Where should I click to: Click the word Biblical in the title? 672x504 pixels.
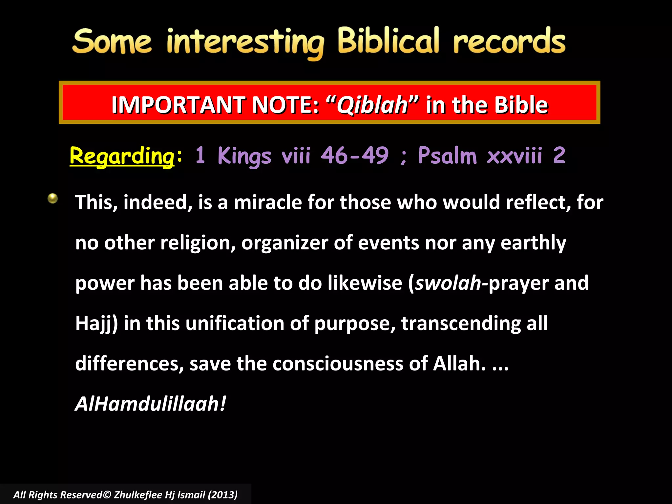tap(388, 41)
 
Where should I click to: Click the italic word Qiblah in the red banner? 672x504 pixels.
tap(372, 105)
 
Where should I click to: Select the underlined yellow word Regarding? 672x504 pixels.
tap(122, 156)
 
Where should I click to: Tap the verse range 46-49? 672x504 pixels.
tap(355, 155)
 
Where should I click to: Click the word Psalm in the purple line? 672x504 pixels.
tap(447, 155)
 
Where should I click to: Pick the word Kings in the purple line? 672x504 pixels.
tap(244, 156)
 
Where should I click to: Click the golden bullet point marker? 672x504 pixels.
tap(52, 198)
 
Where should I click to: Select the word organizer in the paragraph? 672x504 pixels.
tap(284, 243)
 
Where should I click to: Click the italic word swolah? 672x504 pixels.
tap(448, 283)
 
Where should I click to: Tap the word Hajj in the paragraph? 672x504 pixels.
tap(94, 324)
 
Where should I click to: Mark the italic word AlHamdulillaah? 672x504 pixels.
tap(150, 404)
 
